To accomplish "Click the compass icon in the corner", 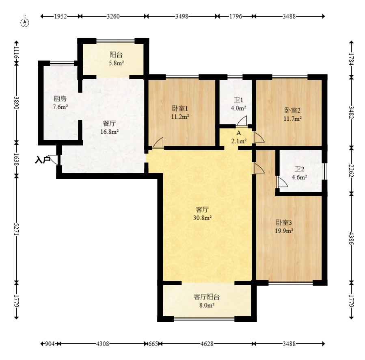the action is pyautogui.click(x=25, y=22).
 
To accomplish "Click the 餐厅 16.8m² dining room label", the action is pyautogui.click(x=109, y=128).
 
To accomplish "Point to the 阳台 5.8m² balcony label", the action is pyautogui.click(x=116, y=59).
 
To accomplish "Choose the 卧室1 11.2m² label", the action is pyautogui.click(x=180, y=112).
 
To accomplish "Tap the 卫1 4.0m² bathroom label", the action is pyautogui.click(x=238, y=104).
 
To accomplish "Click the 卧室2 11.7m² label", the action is pyautogui.click(x=293, y=115).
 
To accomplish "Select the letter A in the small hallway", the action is pyautogui.click(x=239, y=133).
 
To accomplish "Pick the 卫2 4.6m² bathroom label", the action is pyautogui.click(x=299, y=173).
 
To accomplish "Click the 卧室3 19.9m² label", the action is pyautogui.click(x=284, y=227).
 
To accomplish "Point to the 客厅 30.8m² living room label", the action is pyautogui.click(x=202, y=214).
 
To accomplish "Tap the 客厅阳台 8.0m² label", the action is pyautogui.click(x=207, y=301).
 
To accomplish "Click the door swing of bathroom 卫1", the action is pyautogui.click(x=242, y=121).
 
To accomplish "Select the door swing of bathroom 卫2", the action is pyautogui.click(x=282, y=182).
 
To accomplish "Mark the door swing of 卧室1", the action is pyautogui.click(x=158, y=142).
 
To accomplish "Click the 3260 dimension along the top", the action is pyautogui.click(x=113, y=16).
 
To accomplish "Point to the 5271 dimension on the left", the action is pyautogui.click(x=16, y=229).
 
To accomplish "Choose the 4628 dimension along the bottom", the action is pyautogui.click(x=207, y=344).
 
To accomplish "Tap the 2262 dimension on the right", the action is pyautogui.click(x=351, y=171).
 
